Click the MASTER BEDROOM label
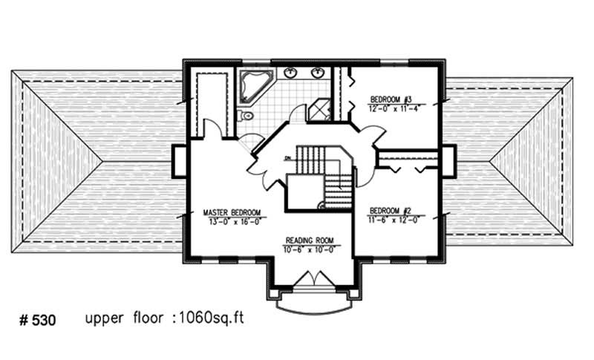pyautogui.click(x=232, y=212)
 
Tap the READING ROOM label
pyautogui.click(x=310, y=240)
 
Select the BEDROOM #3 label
pyautogui.click(x=391, y=99)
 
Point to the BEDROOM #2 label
pyautogui.click(x=391, y=211)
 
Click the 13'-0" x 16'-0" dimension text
pyautogui.click(x=235, y=221)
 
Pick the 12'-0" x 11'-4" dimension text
pyautogui.click(x=394, y=108)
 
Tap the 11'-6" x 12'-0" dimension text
pyautogui.click(x=394, y=220)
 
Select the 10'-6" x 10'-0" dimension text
pyautogui.click(x=309, y=249)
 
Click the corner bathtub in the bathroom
pyautogui.click(x=254, y=86)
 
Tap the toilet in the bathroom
pyautogui.click(x=245, y=115)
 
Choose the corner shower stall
pyautogui.click(x=319, y=110)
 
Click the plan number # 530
pyautogui.click(x=38, y=321)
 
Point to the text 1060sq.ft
pyautogui.click(x=211, y=318)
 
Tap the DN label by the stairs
pyautogui.click(x=287, y=158)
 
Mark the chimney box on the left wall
pyautogui.click(x=180, y=162)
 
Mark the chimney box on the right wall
pyautogui.click(x=449, y=161)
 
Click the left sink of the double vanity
pyautogui.click(x=291, y=72)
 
